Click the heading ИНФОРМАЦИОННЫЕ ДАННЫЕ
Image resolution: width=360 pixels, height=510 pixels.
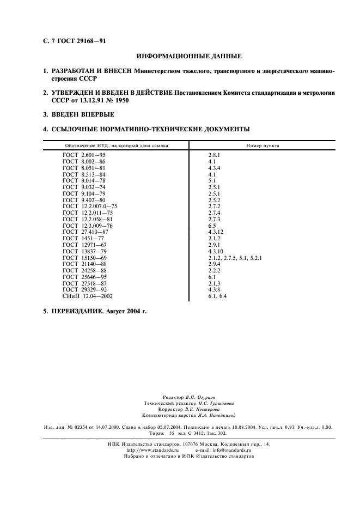tap(188, 56)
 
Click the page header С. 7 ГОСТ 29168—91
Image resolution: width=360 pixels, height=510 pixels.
tap(70, 40)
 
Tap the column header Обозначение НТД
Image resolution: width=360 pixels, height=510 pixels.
tap(116, 145)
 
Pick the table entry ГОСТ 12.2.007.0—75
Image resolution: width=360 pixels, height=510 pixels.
tap(90, 207)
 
